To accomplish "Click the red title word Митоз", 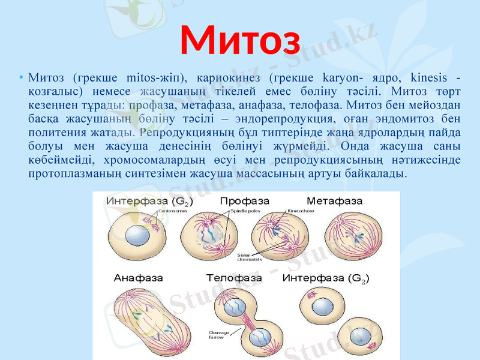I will [x=240, y=39].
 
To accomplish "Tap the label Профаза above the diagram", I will [x=244, y=200].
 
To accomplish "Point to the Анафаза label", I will [x=136, y=278].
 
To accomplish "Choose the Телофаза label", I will [x=234, y=278].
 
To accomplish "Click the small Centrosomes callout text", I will [x=172, y=211].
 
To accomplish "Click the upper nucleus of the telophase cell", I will [x=233, y=308].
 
